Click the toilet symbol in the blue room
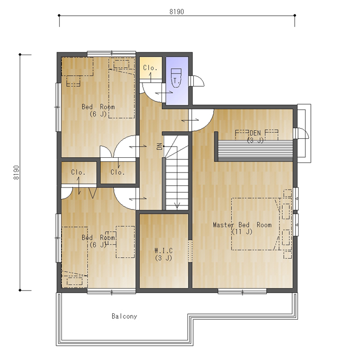pos(176,78)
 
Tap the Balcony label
pos(124,316)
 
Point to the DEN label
pos(255,133)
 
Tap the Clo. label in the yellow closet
pos(150,68)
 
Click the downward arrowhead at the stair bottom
pos(177,205)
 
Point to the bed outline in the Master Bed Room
pos(256,224)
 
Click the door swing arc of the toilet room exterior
pos(199,80)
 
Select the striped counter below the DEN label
pos(255,150)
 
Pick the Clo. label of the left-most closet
pos(78,172)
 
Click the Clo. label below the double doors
pos(118,172)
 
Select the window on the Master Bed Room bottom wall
pos(242,292)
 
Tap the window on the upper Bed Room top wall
pos(112,53)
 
